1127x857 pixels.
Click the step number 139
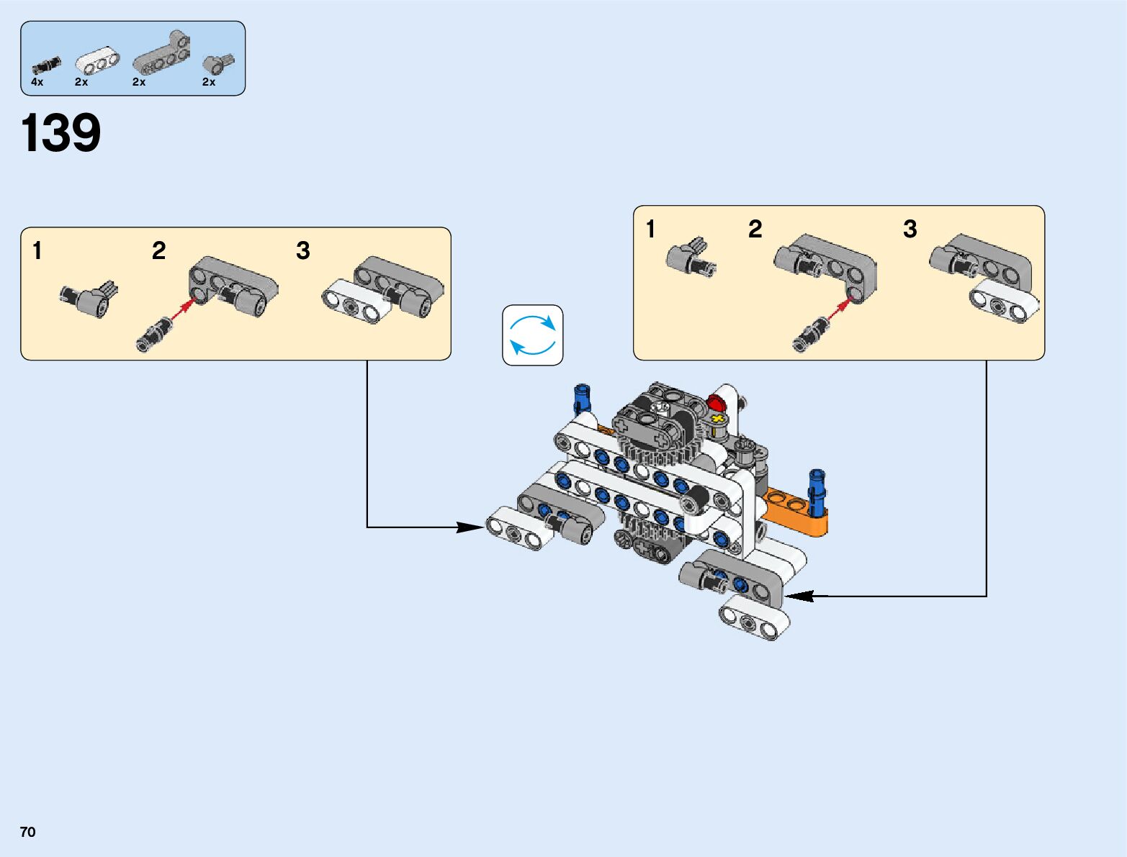click(x=61, y=133)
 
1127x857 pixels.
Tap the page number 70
click(x=27, y=832)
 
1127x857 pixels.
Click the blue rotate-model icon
click(x=532, y=335)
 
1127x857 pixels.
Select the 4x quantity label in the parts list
click(x=37, y=82)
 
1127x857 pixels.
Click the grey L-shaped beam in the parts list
click(x=163, y=55)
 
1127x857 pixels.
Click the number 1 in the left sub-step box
click(x=37, y=251)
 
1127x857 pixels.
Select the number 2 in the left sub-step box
click(x=158, y=250)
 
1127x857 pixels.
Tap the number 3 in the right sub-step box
click(x=910, y=229)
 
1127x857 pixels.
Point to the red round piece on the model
click(x=717, y=402)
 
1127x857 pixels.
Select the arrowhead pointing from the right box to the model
click(x=799, y=596)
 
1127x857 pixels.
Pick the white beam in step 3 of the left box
click(x=356, y=305)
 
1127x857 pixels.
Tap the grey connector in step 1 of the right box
click(x=688, y=257)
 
